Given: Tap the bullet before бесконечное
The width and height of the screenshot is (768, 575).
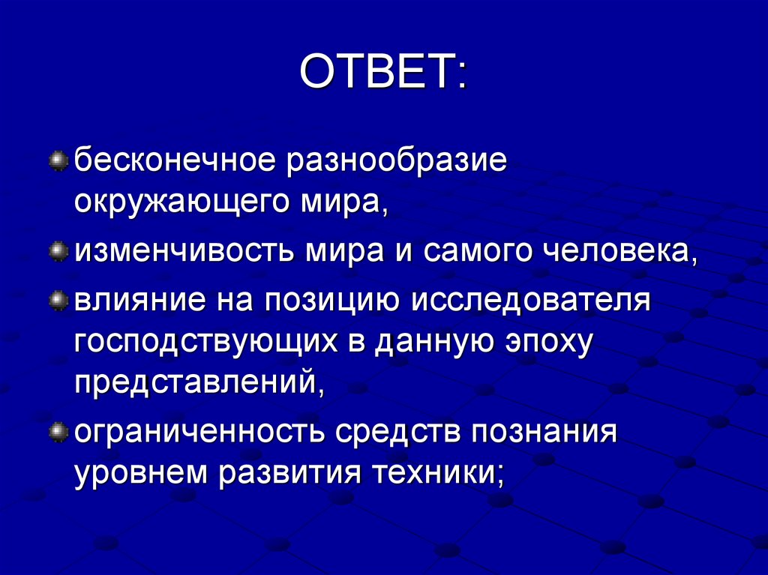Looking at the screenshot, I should [x=58, y=160].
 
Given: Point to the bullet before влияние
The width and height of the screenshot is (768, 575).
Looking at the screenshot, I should [x=58, y=301].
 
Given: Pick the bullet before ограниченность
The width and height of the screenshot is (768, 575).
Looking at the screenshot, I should [x=58, y=432].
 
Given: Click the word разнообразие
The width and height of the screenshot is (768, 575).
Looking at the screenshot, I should [x=394, y=162].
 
